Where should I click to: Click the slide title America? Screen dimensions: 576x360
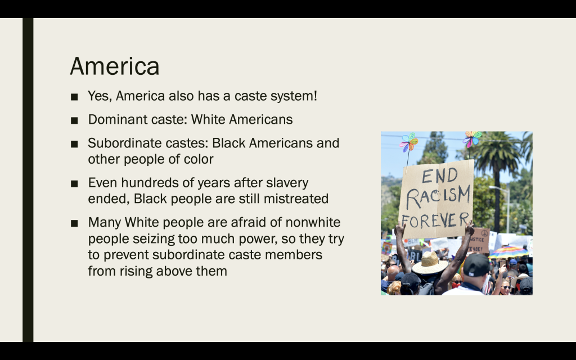[x=115, y=66]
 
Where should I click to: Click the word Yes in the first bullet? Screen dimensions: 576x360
[x=100, y=96]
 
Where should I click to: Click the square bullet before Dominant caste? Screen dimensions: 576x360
[x=74, y=120]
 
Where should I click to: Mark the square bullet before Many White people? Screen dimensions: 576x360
[x=74, y=223]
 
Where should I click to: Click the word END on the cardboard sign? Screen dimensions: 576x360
[x=440, y=175]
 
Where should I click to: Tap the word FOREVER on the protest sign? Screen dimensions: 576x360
[x=435, y=220]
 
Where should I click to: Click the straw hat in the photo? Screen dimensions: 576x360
[x=430, y=263]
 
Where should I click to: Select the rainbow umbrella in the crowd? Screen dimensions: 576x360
[x=508, y=253]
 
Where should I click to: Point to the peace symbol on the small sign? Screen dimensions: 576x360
[x=484, y=233]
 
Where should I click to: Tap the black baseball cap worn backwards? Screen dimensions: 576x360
[x=476, y=265]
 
